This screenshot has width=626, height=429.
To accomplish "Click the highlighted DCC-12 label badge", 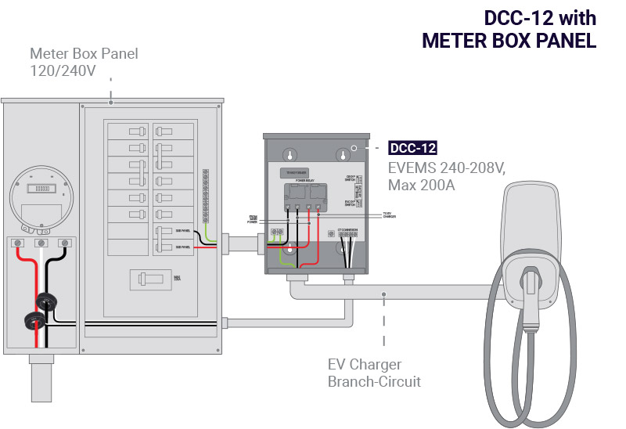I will [x=412, y=147].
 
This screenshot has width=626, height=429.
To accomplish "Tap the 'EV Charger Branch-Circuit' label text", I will [x=374, y=373].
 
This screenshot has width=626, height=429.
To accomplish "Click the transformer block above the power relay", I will [x=295, y=171].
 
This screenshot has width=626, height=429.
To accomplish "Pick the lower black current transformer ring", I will [x=34, y=319].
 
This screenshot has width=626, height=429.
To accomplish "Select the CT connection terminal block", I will [x=347, y=234].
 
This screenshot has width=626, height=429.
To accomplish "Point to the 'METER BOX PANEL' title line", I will [x=509, y=41].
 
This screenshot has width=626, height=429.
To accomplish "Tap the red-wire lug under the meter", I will [x=17, y=244].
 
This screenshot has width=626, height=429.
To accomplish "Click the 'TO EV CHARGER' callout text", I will [x=389, y=214].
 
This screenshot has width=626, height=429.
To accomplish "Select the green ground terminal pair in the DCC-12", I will [x=276, y=233].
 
